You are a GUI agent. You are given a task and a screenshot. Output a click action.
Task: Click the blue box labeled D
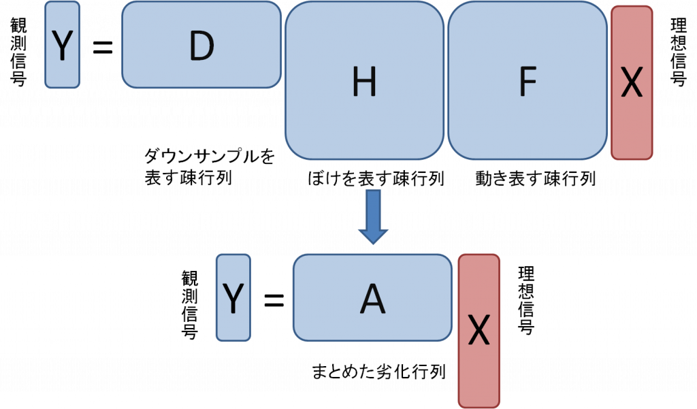[x=201, y=44]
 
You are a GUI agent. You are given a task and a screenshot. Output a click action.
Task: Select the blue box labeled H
[x=365, y=80]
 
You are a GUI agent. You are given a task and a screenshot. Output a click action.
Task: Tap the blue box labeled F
[x=528, y=80]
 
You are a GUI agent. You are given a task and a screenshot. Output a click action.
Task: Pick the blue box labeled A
[x=372, y=297]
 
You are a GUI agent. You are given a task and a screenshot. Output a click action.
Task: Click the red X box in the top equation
[x=632, y=83]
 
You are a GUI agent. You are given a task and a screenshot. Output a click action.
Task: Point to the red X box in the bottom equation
[x=479, y=331]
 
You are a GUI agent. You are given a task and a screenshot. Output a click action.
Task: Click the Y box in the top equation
[x=62, y=44]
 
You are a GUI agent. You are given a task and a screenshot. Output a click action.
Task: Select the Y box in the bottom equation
[x=233, y=297]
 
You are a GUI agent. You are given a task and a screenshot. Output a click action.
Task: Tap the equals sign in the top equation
[x=103, y=47]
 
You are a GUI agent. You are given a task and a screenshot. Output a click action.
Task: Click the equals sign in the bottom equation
[x=274, y=300]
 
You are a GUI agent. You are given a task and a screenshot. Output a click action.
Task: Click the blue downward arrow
[x=374, y=217]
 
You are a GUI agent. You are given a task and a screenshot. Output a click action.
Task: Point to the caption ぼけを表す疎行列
[x=376, y=178]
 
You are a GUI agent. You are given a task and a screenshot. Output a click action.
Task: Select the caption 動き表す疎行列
[x=535, y=178]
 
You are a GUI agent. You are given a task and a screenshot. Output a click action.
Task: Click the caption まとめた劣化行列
[x=378, y=371]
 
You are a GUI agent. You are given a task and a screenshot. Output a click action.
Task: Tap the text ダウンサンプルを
[x=210, y=156]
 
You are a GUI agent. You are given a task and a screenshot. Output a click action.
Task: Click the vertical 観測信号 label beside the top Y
[x=18, y=52]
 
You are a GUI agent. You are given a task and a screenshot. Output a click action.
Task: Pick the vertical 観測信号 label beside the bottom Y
[x=190, y=305]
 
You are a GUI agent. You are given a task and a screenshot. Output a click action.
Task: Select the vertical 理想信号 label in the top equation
[x=679, y=52]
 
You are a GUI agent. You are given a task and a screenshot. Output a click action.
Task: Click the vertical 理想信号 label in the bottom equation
[x=526, y=300]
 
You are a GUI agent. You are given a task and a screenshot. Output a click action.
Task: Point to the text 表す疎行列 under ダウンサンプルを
[x=189, y=178]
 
